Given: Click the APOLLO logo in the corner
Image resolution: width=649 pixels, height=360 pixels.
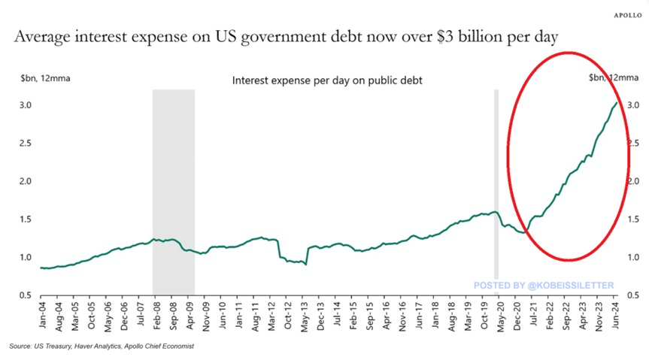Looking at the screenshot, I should (x=626, y=14).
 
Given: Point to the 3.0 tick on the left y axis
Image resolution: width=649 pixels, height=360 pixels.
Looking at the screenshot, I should (x=24, y=105).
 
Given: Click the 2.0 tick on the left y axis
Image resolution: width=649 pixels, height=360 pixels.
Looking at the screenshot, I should (x=24, y=181).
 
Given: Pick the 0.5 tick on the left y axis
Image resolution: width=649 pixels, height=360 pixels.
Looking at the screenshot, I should (x=24, y=295).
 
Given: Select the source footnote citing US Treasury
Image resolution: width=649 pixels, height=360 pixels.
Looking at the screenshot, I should (x=102, y=346).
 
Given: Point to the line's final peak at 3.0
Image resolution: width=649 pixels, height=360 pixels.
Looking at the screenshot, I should (x=617, y=103).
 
